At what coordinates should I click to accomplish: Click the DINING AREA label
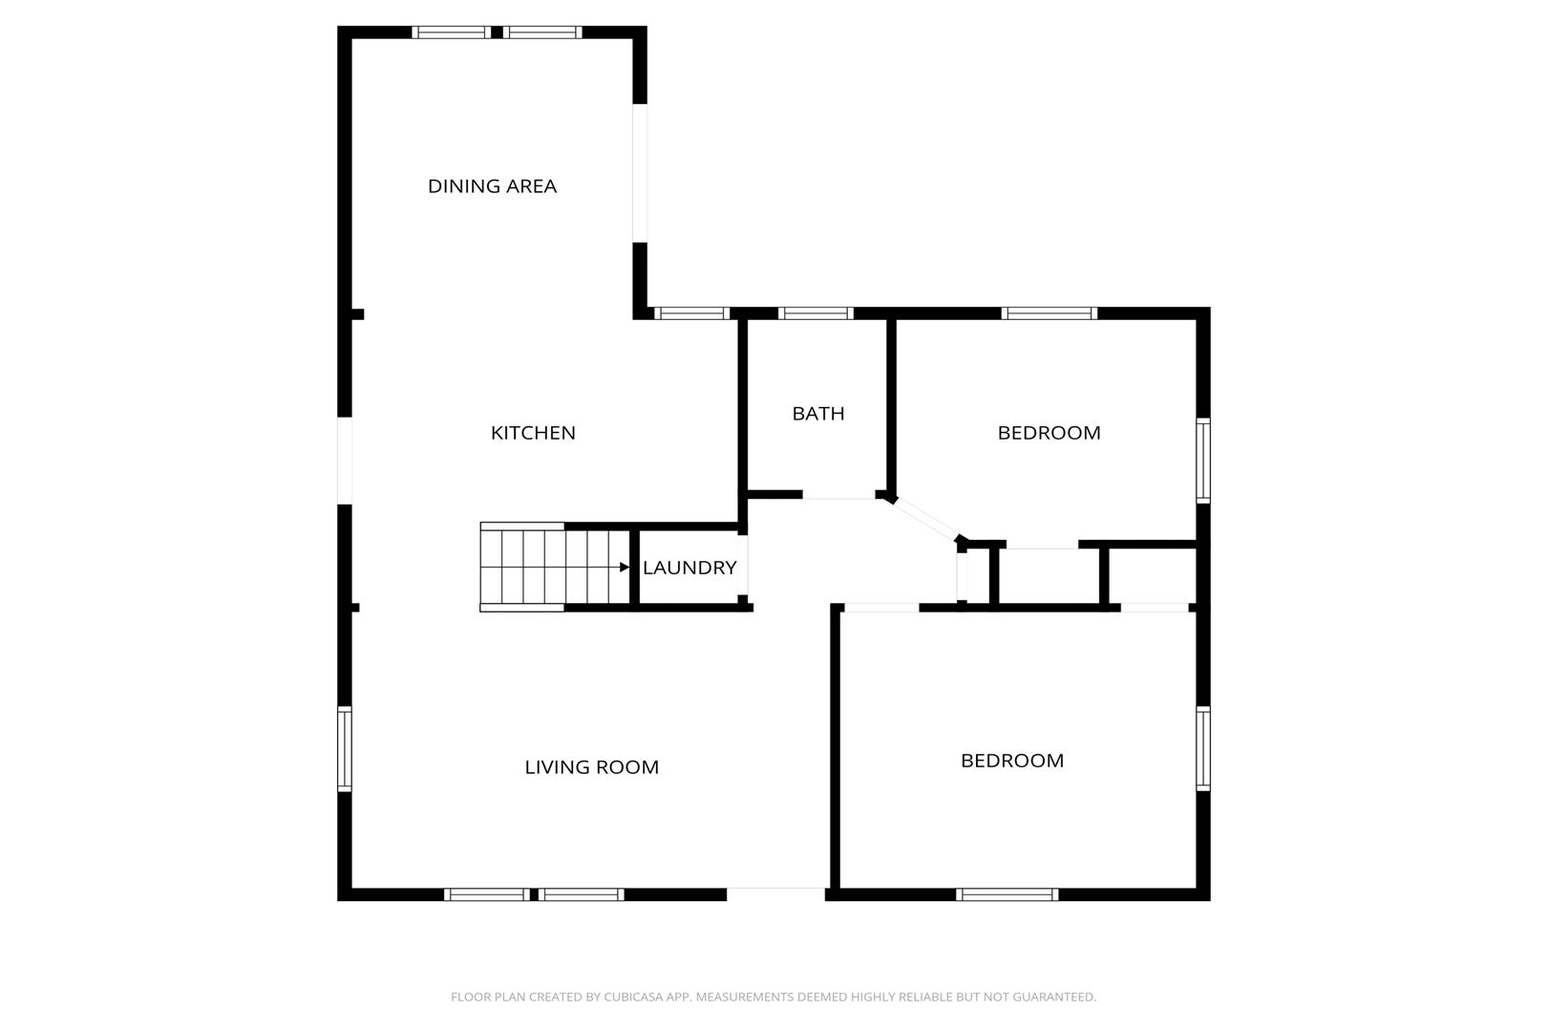tap(492, 186)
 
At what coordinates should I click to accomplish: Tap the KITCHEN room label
tap(533, 433)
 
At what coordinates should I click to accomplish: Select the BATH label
tap(818, 414)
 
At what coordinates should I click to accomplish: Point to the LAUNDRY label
tap(689, 568)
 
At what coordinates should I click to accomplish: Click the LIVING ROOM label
tap(591, 767)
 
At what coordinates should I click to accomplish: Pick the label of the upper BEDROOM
tap(1050, 433)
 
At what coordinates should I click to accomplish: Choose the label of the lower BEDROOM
tap(1012, 761)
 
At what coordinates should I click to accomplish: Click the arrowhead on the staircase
tap(625, 568)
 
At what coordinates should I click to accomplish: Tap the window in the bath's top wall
tap(816, 313)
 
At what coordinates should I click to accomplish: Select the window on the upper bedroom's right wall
tap(1203, 460)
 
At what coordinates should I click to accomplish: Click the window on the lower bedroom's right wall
tap(1203, 748)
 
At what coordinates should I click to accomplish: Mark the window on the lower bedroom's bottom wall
tap(1007, 894)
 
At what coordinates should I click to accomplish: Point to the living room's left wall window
tap(344, 748)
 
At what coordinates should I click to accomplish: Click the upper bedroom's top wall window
tap(1050, 313)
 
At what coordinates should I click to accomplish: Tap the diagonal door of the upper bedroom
tap(924, 519)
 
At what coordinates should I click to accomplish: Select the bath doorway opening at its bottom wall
tap(839, 495)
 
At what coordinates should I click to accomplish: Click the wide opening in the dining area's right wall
tap(640, 173)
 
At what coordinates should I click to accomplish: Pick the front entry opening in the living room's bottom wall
tap(776, 893)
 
